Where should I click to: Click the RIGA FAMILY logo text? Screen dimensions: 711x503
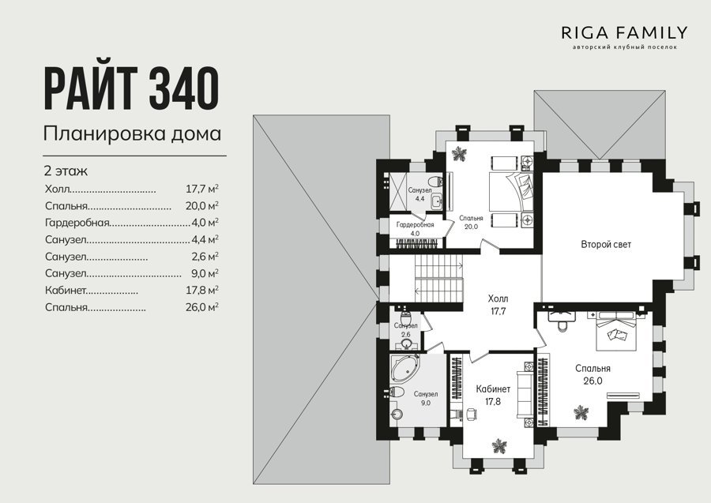[x=624, y=32]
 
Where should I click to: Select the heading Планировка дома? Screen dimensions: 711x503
[x=133, y=133]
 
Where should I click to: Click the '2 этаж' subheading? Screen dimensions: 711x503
[x=66, y=171]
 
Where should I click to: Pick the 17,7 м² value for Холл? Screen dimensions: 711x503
[x=202, y=189]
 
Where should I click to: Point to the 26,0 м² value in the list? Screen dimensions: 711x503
[x=202, y=307]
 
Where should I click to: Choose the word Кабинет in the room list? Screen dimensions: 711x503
[x=66, y=290]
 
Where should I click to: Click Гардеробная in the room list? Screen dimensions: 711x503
[x=77, y=223]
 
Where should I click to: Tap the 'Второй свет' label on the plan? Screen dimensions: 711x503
[x=606, y=245]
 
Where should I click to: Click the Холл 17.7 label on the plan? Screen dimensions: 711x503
[x=498, y=305]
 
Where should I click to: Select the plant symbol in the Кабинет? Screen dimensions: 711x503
[x=499, y=446]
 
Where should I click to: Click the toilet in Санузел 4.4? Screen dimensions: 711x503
[x=436, y=182]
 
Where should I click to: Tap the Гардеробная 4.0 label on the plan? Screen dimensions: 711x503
[x=415, y=229]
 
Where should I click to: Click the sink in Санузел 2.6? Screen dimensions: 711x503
[x=406, y=343]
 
